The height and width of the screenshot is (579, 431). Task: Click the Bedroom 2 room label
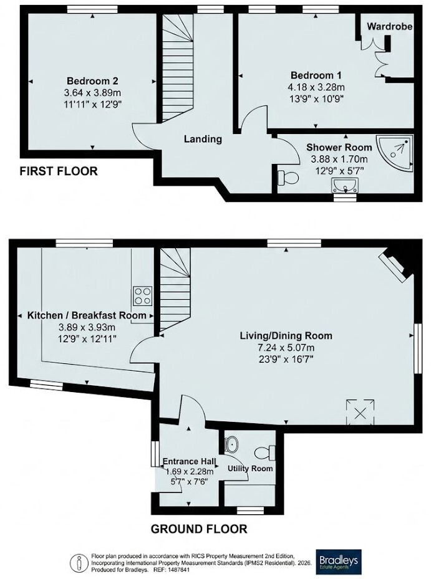pyautogui.click(x=92, y=80)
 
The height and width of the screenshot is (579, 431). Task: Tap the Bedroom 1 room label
pyautogui.click(x=316, y=75)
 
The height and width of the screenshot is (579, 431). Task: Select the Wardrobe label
pyautogui.click(x=390, y=26)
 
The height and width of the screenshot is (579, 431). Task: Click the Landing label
pyautogui.click(x=203, y=139)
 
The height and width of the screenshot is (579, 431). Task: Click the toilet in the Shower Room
pyautogui.click(x=288, y=178)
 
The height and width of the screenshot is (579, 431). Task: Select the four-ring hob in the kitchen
pyautogui.click(x=143, y=296)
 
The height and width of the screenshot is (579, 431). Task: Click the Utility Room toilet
pyautogui.click(x=266, y=452)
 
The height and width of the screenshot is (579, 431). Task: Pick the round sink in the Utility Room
pyautogui.click(x=232, y=444)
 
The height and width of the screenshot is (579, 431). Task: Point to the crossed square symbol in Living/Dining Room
pyautogui.click(x=360, y=413)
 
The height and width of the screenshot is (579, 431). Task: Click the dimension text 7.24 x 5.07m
pyautogui.click(x=286, y=348)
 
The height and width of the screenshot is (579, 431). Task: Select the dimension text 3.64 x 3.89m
pyautogui.click(x=92, y=92)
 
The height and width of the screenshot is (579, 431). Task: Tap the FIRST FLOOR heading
pyautogui.click(x=59, y=171)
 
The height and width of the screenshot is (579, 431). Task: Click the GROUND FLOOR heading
pyautogui.click(x=199, y=529)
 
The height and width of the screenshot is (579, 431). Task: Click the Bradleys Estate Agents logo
pyautogui.click(x=339, y=562)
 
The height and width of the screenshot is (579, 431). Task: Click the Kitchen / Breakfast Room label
pyautogui.click(x=87, y=315)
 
